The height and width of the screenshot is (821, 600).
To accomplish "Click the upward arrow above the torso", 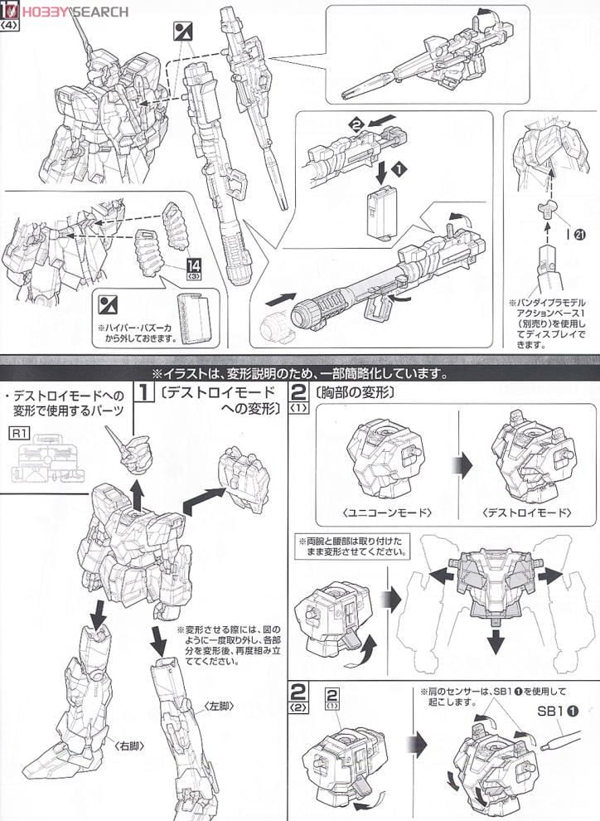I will point(135,495).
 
